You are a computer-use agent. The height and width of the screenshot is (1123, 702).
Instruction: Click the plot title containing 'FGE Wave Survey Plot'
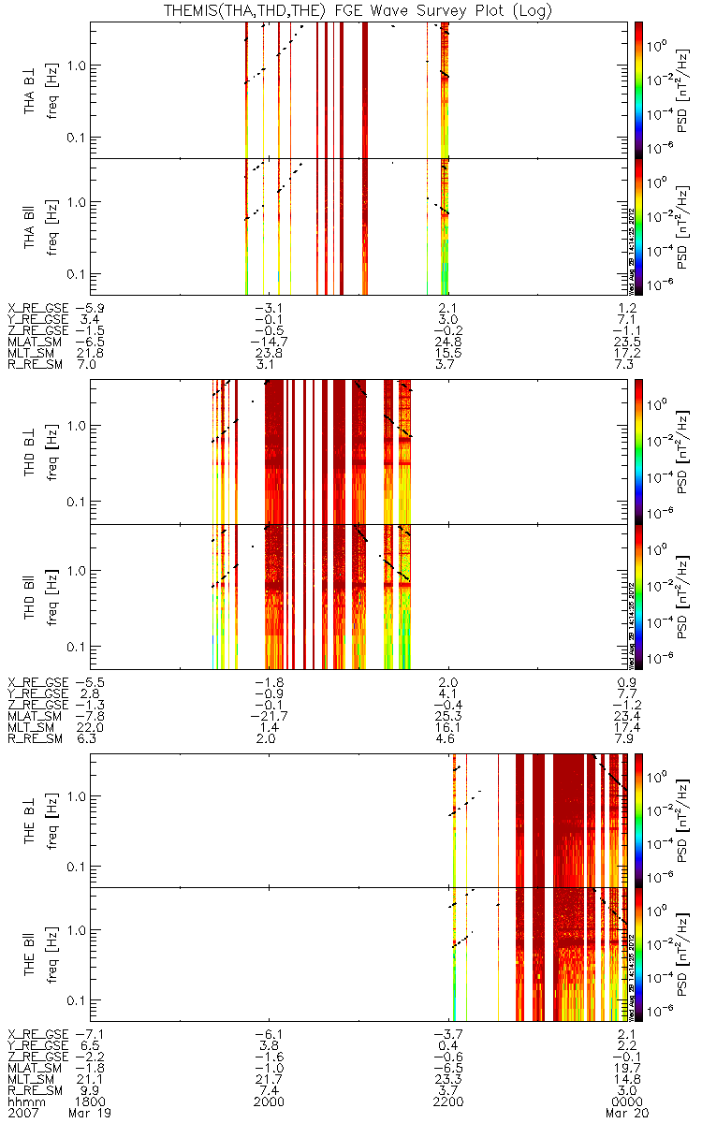coord(351,11)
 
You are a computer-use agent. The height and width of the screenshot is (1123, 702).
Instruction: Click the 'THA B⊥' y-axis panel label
coord(31,92)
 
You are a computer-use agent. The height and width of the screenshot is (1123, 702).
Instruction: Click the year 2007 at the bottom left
coord(22,1115)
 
